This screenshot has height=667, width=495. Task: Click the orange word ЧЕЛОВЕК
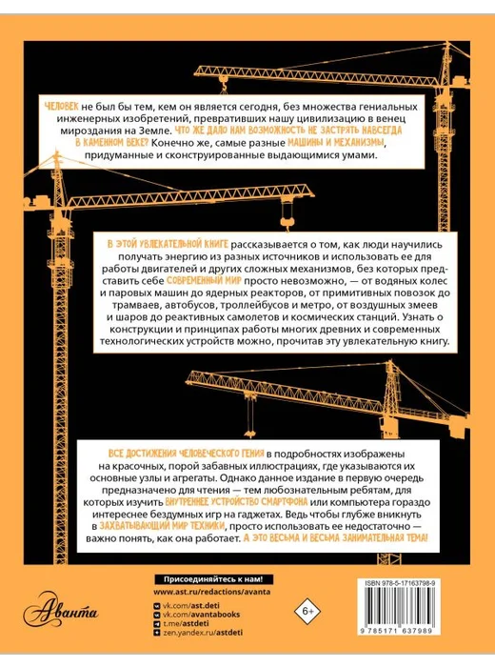pyautogui.click(x=61, y=107)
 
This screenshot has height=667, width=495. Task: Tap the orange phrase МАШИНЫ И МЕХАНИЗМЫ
pyautogui.click(x=337, y=142)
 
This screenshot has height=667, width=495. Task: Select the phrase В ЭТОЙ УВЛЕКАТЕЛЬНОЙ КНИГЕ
pyautogui.click(x=168, y=244)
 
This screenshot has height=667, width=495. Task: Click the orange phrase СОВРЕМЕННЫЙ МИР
pyautogui.click(x=204, y=281)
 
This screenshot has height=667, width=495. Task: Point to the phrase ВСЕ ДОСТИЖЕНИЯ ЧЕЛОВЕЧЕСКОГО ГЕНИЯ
pyautogui.click(x=187, y=453)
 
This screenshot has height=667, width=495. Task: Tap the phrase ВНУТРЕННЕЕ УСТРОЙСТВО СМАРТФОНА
pyautogui.click(x=236, y=501)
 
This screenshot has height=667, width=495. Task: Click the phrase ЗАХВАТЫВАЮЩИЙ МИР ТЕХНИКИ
pyautogui.click(x=162, y=526)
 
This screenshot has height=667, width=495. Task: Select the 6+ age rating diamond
pyautogui.click(x=307, y=612)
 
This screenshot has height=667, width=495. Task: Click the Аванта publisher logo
pyautogui.click(x=60, y=612)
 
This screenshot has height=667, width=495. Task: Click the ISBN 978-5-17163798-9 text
pyautogui.click(x=400, y=584)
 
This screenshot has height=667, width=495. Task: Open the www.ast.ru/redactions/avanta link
pyautogui.click(x=212, y=592)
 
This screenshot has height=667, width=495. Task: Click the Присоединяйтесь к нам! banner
pyautogui.click(x=213, y=579)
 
